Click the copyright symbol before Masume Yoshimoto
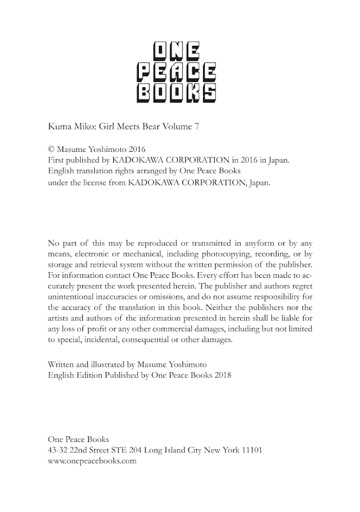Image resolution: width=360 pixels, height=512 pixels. click(50, 150)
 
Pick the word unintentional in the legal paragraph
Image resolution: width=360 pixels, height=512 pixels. click(71, 296)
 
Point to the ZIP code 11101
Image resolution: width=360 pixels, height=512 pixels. click(251, 450)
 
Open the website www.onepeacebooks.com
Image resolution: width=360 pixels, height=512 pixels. click(92, 461)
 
